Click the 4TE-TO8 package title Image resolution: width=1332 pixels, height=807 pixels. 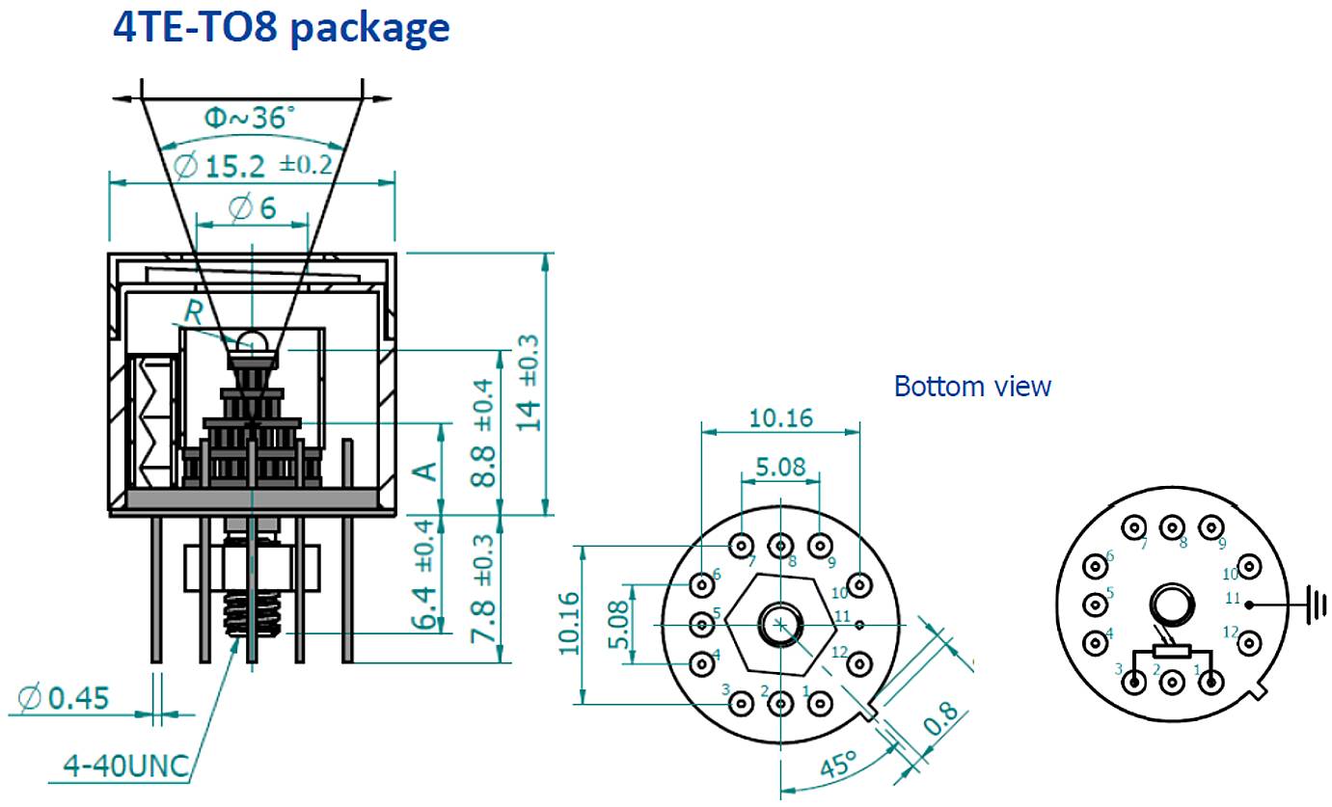(x=282, y=26)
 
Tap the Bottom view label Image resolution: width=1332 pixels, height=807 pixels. (x=972, y=387)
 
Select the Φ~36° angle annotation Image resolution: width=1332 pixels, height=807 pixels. (x=250, y=120)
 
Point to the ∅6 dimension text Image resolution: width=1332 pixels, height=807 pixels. (x=253, y=206)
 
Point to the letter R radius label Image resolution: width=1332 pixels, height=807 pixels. (x=194, y=312)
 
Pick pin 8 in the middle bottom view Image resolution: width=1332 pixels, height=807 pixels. (x=779, y=546)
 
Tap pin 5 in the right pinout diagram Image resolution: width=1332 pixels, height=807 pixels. (x=1095, y=605)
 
